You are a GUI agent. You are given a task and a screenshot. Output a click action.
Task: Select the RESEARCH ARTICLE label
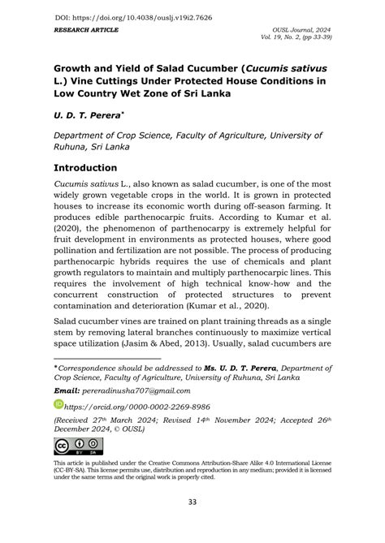87,29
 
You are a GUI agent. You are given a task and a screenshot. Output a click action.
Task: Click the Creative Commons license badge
79,446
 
